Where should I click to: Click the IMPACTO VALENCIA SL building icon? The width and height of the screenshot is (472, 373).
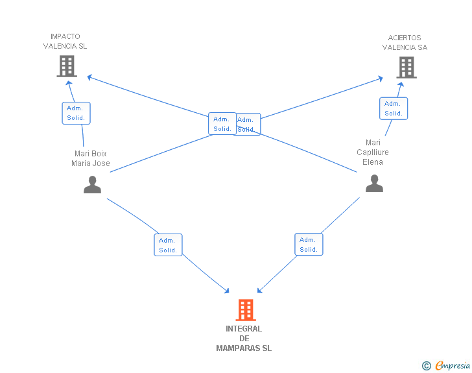pos(67,66)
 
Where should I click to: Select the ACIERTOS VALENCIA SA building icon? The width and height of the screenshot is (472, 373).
pos(407,67)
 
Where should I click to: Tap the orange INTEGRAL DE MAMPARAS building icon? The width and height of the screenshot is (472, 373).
pos(246,309)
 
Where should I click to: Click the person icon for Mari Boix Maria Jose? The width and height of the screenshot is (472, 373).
pos(93,184)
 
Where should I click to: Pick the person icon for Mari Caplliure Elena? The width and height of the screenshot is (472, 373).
pos(374,183)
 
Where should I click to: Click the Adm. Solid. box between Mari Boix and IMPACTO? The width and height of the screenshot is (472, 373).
pos(76,113)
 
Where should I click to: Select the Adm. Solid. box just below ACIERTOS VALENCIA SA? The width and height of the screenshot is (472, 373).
pos(394,108)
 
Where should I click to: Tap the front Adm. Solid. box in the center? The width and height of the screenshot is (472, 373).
pos(222,123)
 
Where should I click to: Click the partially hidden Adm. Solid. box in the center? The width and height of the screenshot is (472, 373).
pos(248,124)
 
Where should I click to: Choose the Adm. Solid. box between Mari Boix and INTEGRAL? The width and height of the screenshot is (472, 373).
pos(168,245)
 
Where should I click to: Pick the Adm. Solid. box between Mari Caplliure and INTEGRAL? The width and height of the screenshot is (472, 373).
pos(309,245)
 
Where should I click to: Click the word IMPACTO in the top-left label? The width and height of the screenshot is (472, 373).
pos(65,36)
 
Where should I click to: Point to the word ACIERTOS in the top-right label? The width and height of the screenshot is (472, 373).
pos(405,38)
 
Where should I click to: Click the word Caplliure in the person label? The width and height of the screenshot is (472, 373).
pos(373,152)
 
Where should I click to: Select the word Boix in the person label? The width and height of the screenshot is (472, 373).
pos(99,154)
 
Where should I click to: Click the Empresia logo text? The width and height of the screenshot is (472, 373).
pos(453,365)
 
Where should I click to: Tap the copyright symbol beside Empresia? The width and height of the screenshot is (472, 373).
pos(426,366)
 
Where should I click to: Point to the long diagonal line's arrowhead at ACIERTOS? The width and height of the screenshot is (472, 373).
pos(381,78)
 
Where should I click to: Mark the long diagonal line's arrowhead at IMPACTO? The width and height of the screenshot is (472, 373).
pos(89,77)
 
